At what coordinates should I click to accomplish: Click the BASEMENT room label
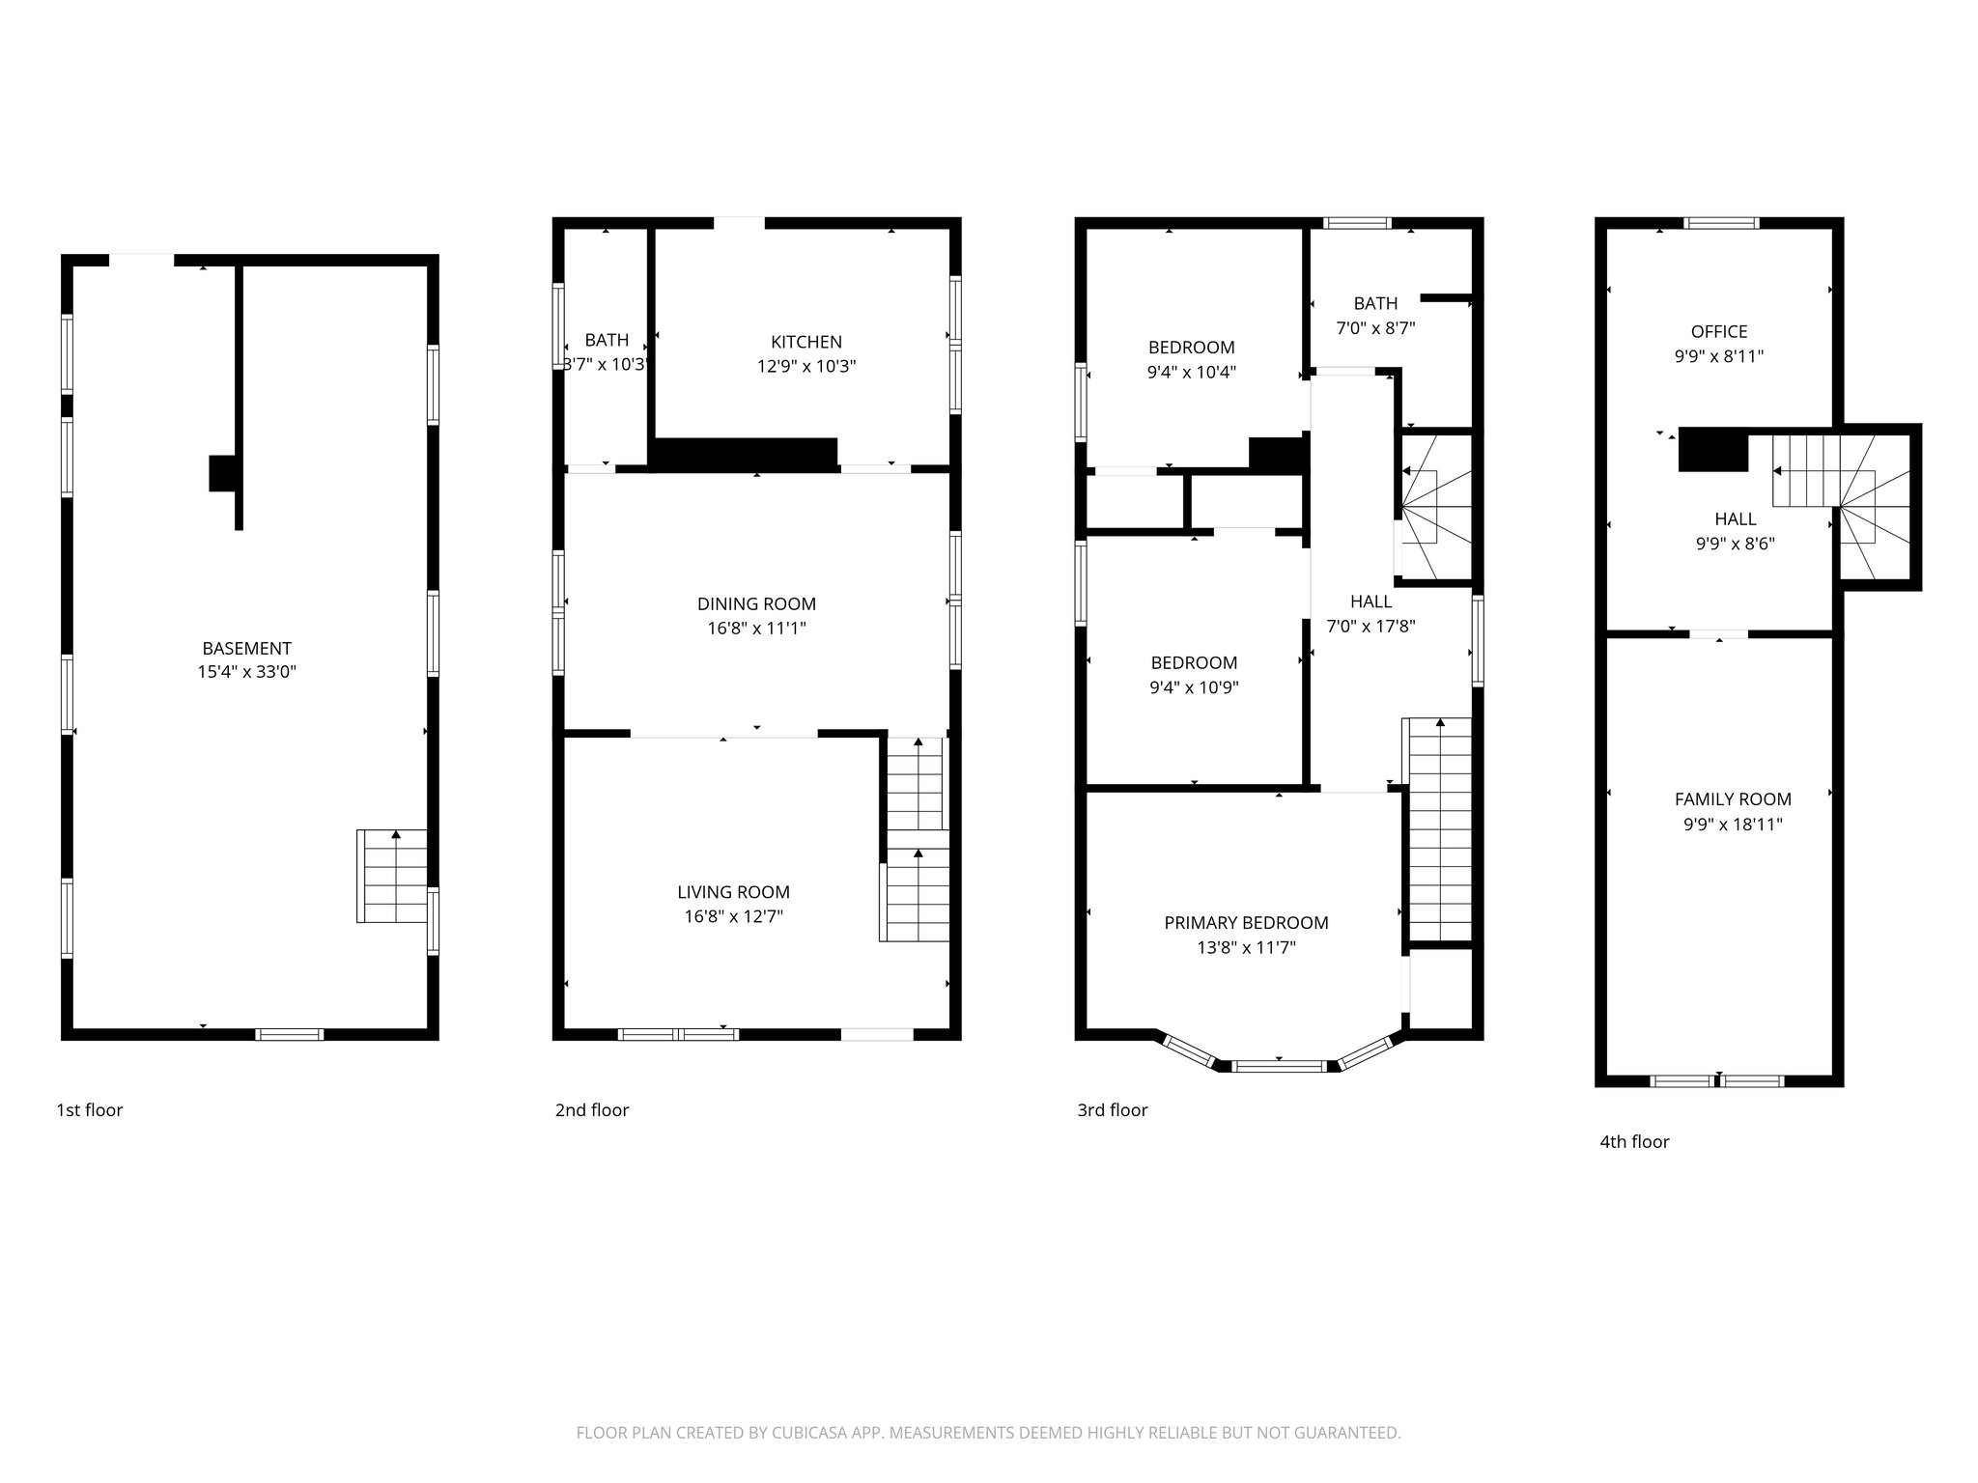246,649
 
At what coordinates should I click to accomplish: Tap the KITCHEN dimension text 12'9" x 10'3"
806,367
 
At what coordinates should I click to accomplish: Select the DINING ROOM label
756,604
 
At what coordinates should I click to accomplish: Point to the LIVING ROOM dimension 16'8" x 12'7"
733,917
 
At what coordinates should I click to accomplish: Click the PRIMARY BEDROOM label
1246,923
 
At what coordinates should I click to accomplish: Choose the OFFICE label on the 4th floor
1718,331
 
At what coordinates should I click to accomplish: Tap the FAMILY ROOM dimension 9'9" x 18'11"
1733,825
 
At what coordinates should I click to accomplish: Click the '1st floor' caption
90,1110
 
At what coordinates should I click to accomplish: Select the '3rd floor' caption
1112,1110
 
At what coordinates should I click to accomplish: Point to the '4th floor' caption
1634,1142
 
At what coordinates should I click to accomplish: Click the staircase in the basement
392,876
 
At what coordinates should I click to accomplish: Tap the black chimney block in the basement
222,474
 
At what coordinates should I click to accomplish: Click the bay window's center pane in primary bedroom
1280,1066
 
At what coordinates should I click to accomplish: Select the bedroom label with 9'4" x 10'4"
1191,348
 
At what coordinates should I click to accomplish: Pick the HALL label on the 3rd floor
1370,602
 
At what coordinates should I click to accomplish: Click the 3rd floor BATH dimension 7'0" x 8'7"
1375,328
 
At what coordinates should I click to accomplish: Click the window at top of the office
1721,223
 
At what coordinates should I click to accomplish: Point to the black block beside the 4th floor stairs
1713,450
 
